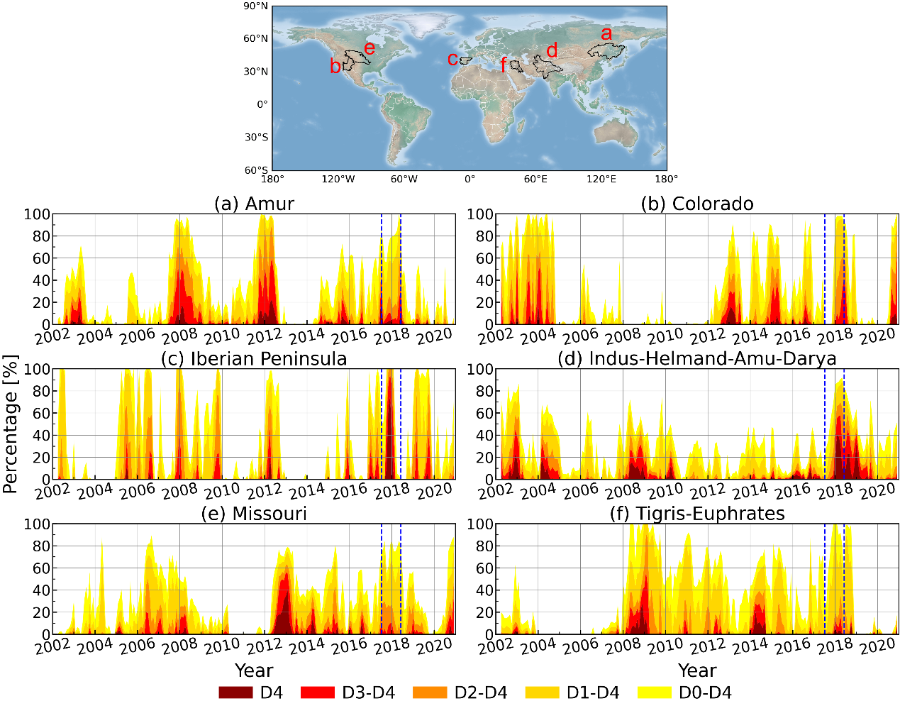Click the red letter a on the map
606,33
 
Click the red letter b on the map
335,66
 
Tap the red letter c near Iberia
452,59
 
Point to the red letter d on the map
551,50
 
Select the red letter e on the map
369,48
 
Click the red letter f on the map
504,66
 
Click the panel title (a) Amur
254,204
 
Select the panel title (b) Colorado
696,204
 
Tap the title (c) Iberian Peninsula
254,359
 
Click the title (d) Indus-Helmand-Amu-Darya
696,359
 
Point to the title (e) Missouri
254,514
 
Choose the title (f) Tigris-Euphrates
696,514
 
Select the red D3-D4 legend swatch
318,692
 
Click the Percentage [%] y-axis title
10,424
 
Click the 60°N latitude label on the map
256,38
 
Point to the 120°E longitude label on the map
601,180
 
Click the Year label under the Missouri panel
254,670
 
